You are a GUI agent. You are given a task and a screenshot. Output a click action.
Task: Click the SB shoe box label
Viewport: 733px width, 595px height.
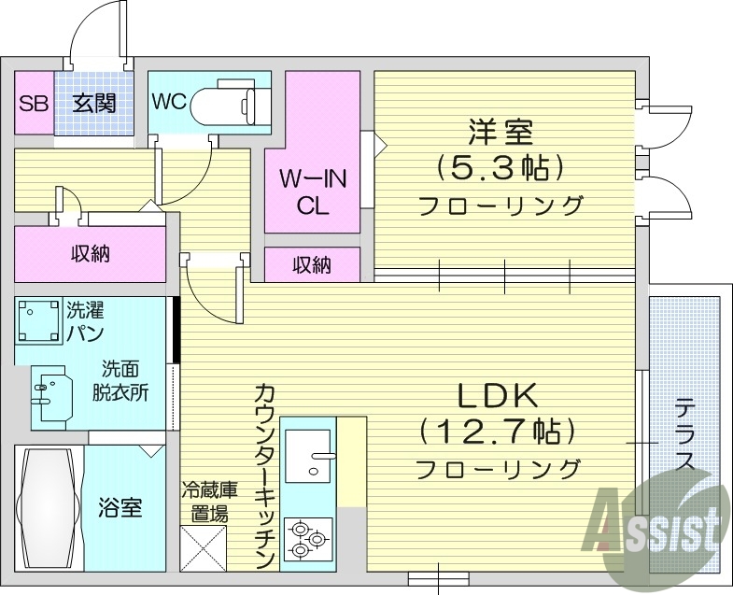(x=34, y=104)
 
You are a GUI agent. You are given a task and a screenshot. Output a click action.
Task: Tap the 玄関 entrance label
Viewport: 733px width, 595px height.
(x=94, y=104)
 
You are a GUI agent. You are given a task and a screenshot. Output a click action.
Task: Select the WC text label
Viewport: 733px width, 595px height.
(x=169, y=102)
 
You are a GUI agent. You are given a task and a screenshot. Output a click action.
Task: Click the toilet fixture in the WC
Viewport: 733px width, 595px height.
(x=225, y=106)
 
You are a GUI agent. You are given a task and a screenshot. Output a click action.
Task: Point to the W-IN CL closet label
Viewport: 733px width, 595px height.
(x=313, y=191)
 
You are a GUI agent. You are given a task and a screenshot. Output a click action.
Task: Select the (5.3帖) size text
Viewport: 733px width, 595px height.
(x=499, y=168)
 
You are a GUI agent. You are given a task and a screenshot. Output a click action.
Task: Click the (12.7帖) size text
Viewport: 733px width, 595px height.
(x=497, y=432)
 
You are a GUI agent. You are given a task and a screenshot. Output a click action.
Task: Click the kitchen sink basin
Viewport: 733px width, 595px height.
(x=307, y=456)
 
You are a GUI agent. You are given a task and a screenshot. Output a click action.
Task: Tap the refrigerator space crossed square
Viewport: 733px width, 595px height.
(x=204, y=548)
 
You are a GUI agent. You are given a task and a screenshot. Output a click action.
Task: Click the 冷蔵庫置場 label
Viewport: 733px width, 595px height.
(x=210, y=503)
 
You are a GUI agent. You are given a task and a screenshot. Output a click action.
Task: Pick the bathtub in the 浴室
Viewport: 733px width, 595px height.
(x=49, y=507)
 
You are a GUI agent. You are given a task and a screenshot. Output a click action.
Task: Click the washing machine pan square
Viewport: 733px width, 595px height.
(x=39, y=321)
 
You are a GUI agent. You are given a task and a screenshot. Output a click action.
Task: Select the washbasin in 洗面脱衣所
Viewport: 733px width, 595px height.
(x=52, y=397)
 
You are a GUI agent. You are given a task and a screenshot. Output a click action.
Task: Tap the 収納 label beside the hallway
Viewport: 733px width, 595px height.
(x=91, y=254)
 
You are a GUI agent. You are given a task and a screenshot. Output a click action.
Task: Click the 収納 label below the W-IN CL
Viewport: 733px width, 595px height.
(x=312, y=265)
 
